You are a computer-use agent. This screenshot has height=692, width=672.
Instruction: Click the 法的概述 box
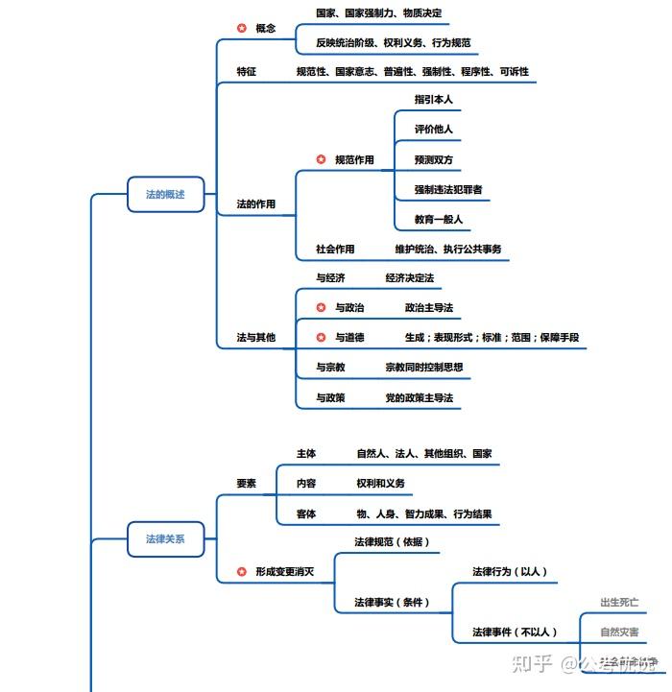click(165, 194)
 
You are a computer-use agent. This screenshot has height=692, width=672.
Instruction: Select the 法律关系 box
click(165, 539)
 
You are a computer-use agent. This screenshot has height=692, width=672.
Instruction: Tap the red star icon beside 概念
click(242, 29)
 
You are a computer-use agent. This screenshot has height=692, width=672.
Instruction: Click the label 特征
click(247, 72)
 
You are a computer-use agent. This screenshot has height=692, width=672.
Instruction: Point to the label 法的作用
click(256, 204)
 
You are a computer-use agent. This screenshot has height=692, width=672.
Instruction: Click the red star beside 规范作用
click(322, 159)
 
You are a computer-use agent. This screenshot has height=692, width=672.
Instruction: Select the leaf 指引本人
click(434, 99)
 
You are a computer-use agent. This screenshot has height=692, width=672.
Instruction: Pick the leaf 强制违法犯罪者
click(448, 189)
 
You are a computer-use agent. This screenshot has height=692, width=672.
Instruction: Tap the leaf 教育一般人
click(439, 219)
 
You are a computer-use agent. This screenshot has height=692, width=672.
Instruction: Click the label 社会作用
click(335, 249)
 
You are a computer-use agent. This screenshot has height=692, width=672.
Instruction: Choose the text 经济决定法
click(410, 278)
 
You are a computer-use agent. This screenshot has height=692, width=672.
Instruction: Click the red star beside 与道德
click(322, 338)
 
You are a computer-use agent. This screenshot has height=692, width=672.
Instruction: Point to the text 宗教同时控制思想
click(424, 367)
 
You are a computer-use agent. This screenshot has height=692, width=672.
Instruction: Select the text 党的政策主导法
click(420, 397)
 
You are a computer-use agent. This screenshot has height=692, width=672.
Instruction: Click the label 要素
click(247, 483)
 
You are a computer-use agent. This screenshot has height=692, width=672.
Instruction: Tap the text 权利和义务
click(381, 483)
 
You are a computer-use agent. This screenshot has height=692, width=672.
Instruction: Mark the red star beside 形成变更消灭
click(242, 572)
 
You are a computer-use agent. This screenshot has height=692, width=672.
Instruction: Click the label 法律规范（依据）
click(392, 542)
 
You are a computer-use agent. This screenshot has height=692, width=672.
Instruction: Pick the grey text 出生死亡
click(619, 602)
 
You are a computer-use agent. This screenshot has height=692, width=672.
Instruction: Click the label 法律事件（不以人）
click(515, 632)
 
